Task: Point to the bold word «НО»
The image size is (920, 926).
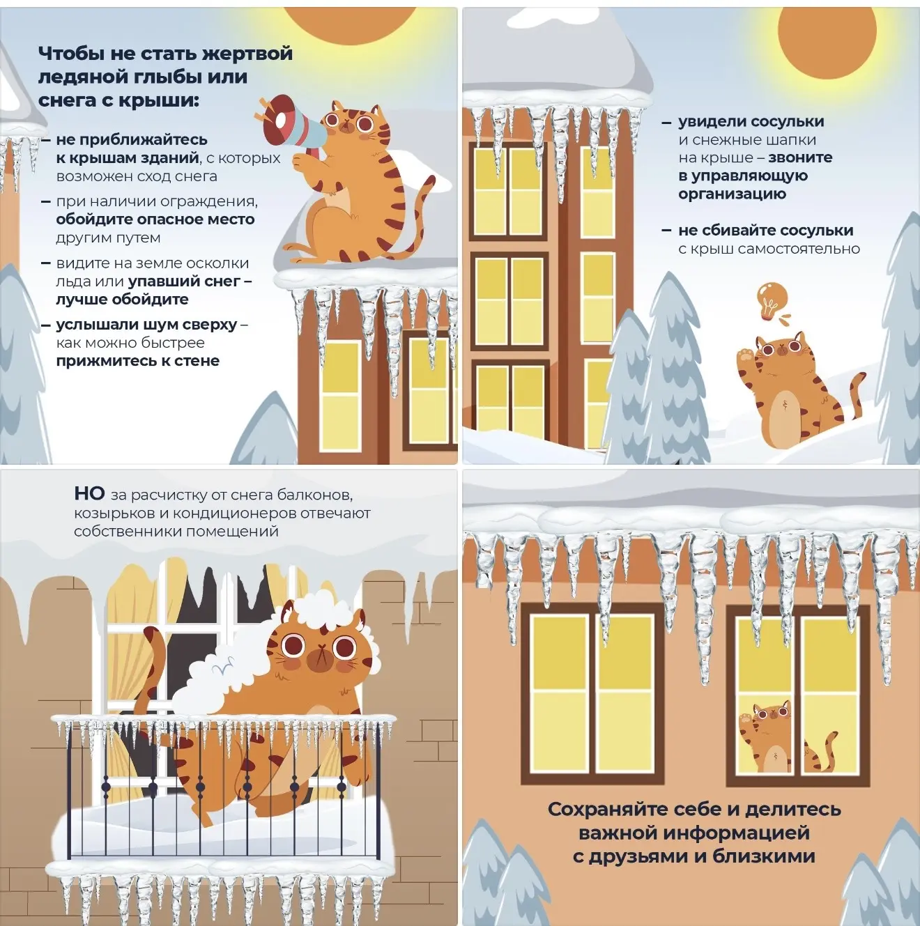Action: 89,493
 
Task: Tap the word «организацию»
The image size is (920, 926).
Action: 732,194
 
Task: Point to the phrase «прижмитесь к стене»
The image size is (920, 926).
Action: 137,361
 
